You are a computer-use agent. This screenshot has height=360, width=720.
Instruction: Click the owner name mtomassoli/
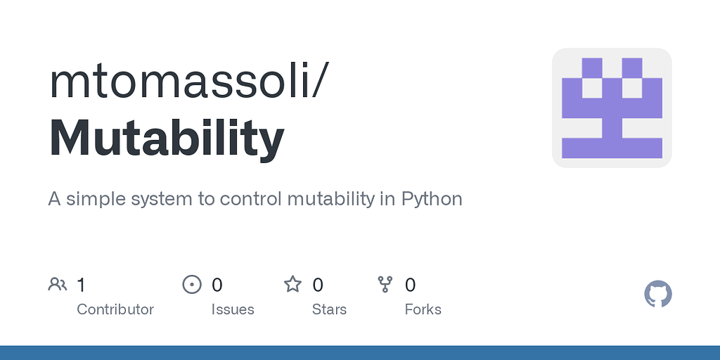pyautogui.click(x=188, y=82)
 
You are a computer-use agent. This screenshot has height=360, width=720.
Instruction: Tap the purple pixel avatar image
pyautogui.click(x=612, y=108)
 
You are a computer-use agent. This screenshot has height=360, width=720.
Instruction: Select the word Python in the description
pyautogui.click(x=432, y=199)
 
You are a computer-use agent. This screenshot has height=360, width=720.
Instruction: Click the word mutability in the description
pyautogui.click(x=330, y=199)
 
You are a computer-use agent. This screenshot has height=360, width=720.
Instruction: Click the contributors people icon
pyautogui.click(x=58, y=285)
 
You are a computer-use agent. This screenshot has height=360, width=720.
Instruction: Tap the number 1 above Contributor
pyautogui.click(x=81, y=285)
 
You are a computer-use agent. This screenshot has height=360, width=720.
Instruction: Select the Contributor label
pyautogui.click(x=115, y=309)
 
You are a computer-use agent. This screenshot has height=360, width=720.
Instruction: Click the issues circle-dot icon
pyautogui.click(x=191, y=285)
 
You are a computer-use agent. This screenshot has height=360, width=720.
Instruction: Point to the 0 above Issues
pyautogui.click(x=217, y=285)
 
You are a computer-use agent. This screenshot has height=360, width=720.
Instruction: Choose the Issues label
pyautogui.click(x=233, y=309)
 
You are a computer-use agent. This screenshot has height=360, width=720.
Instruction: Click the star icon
pyautogui.click(x=292, y=285)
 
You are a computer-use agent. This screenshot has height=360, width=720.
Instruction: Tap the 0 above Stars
pyautogui.click(x=318, y=285)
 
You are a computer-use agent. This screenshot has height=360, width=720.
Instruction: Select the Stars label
pyautogui.click(x=329, y=309)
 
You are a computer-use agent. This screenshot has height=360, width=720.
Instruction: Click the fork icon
pyautogui.click(x=385, y=285)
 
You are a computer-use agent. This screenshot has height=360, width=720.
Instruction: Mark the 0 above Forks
pyautogui.click(x=411, y=285)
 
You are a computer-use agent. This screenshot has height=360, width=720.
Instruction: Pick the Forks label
pyautogui.click(x=423, y=309)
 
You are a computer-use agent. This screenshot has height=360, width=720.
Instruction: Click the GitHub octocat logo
pyautogui.click(x=658, y=294)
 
